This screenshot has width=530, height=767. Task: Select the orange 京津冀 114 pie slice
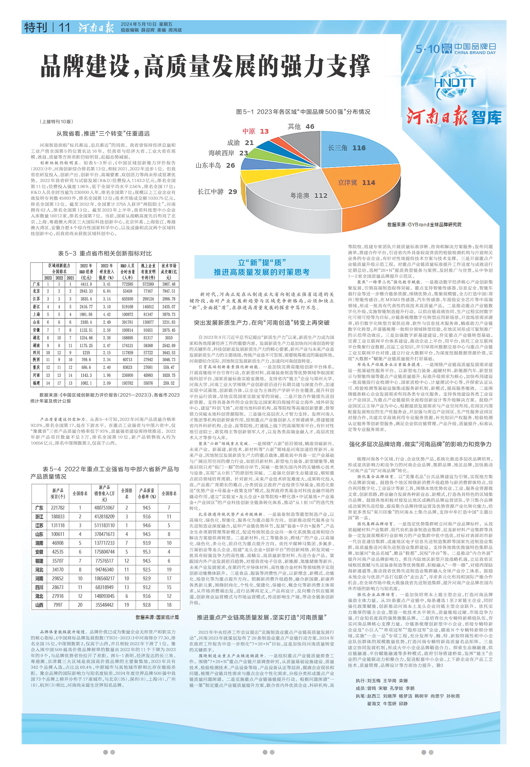(x=359, y=186)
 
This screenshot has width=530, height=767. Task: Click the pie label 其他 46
(x=301, y=126)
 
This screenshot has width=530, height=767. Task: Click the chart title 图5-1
(x=303, y=112)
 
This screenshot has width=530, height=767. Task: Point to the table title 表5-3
(x=105, y=253)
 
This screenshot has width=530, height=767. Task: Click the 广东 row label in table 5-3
(x=37, y=284)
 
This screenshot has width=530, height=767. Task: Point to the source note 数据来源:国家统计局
(x=157, y=617)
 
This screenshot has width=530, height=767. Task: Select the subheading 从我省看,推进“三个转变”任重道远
(x=103, y=134)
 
